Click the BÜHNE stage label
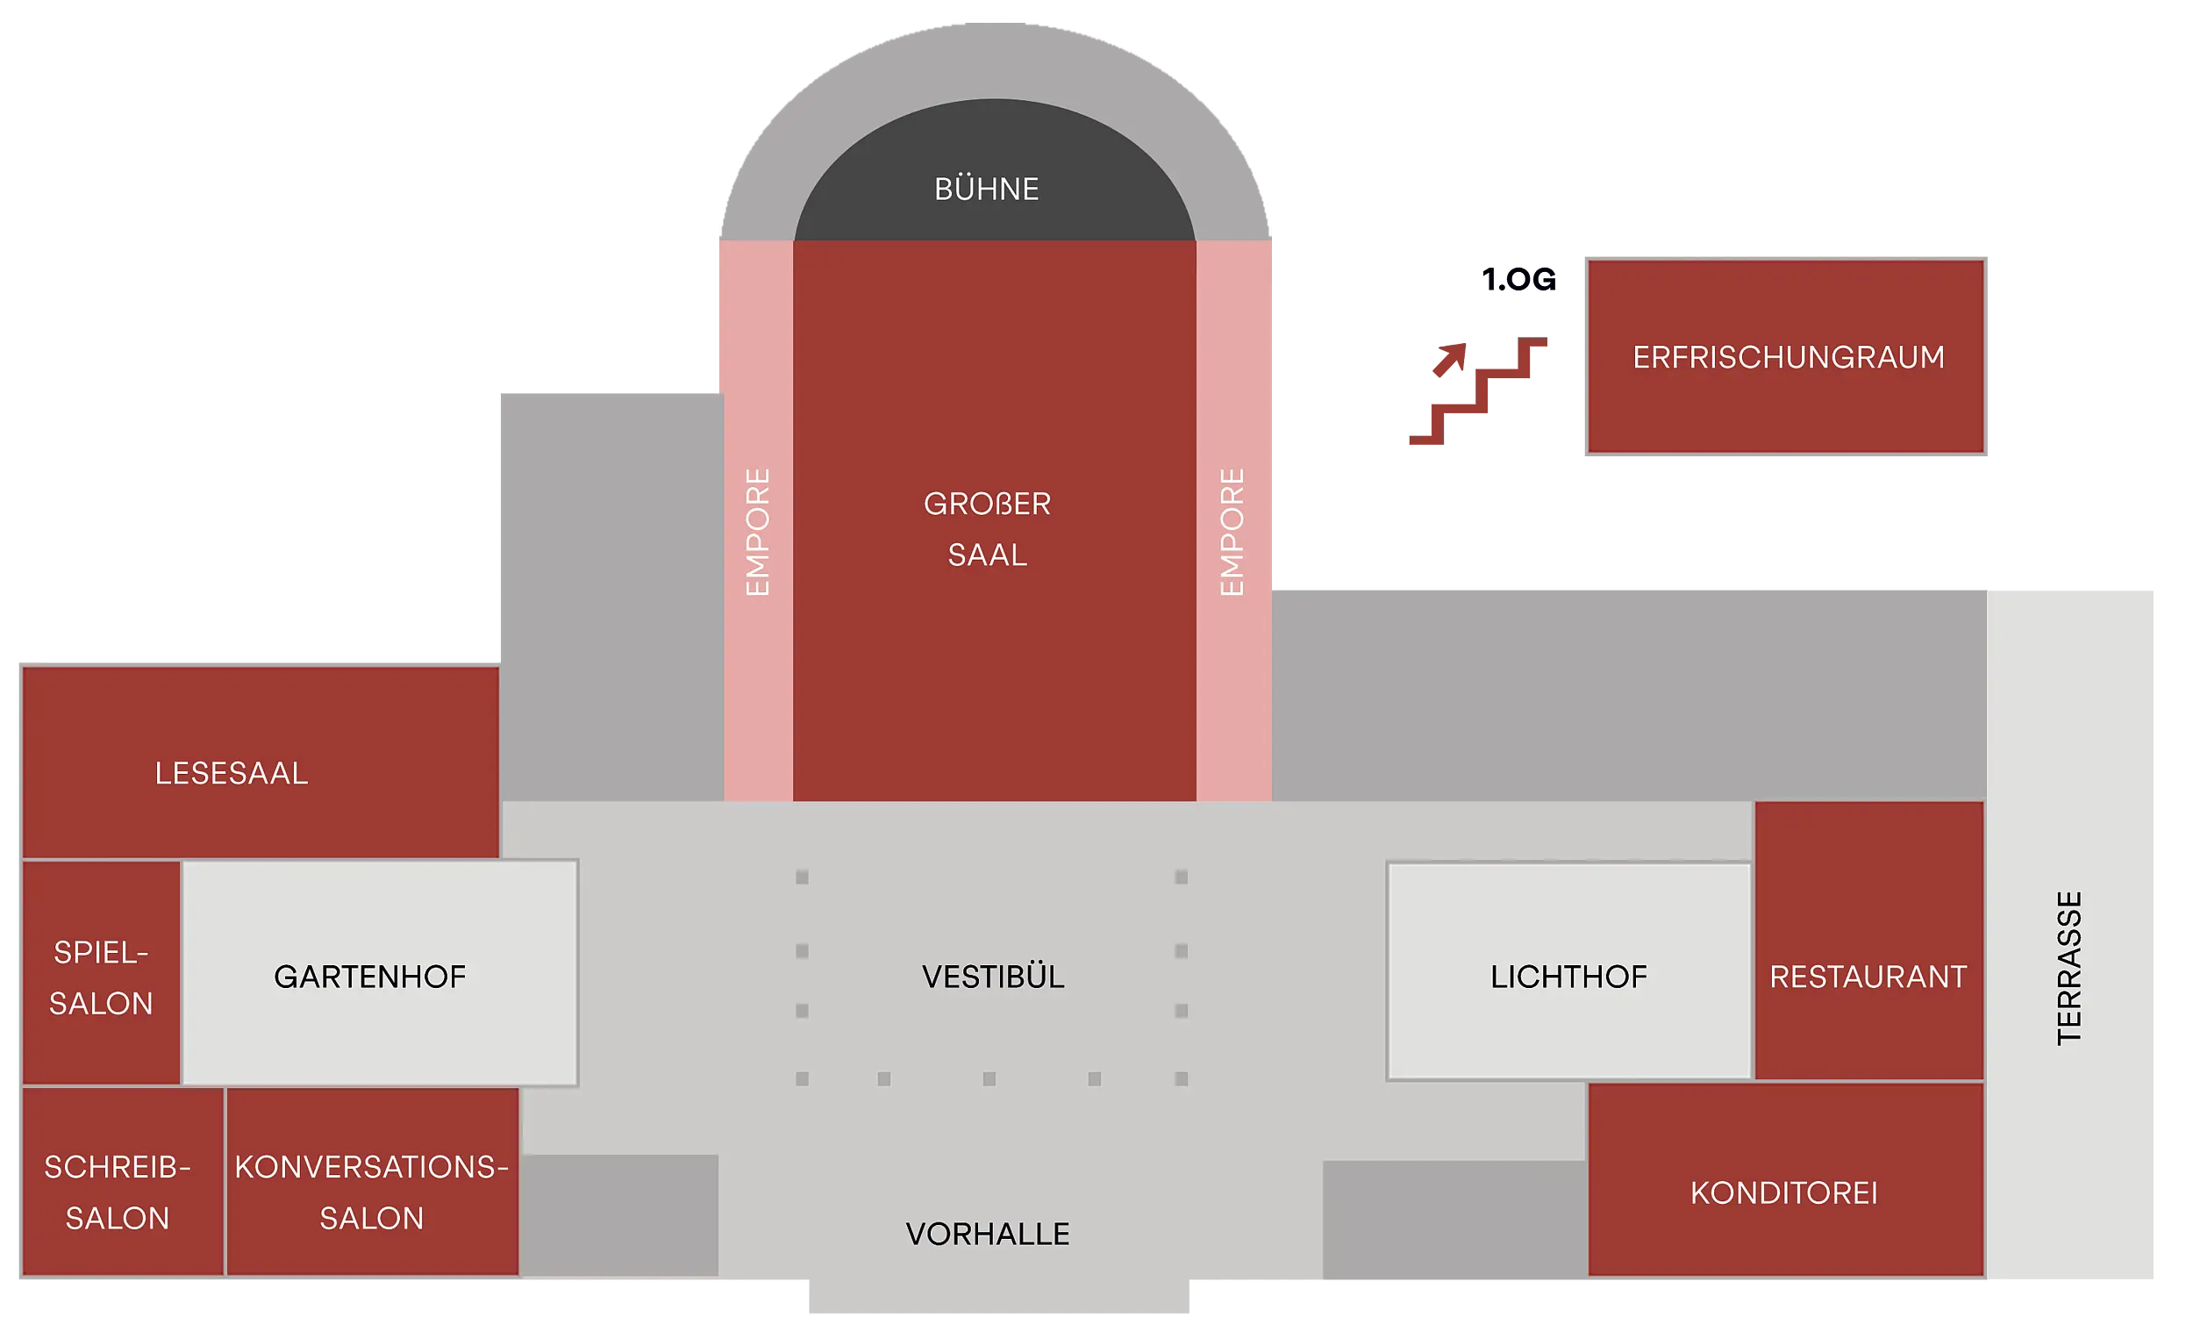(x=986, y=189)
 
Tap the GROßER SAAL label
(x=987, y=529)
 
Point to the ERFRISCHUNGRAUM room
(x=1787, y=356)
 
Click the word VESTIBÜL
(x=992, y=977)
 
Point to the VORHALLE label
(x=987, y=1234)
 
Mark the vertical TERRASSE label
(x=2069, y=968)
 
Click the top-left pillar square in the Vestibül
(x=802, y=877)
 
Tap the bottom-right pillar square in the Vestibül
(x=1181, y=1079)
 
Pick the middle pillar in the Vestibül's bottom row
(x=989, y=1079)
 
